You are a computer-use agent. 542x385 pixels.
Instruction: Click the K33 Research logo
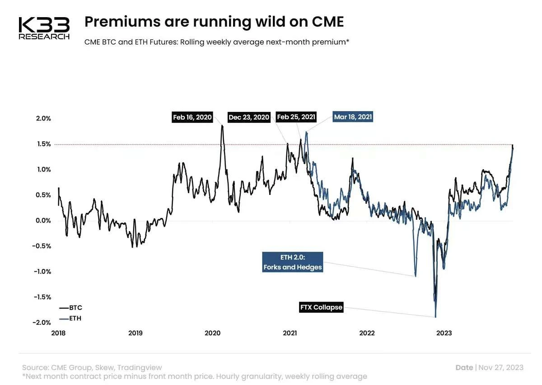tap(44, 28)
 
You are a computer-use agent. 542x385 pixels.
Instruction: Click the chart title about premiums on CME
tap(214, 21)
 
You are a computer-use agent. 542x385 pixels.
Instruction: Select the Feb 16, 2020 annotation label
tap(192, 117)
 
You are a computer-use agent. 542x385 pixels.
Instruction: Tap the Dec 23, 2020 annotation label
tap(249, 117)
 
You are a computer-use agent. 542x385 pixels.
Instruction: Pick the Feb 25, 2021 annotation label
tap(296, 117)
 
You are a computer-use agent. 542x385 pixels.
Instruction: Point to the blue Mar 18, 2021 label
tap(353, 117)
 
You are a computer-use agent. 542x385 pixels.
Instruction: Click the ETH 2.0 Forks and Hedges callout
tap(293, 263)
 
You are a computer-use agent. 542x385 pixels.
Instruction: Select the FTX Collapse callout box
tap(322, 308)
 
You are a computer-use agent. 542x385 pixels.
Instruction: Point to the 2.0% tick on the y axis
tap(43, 119)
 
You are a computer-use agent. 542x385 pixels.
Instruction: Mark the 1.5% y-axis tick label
tap(43, 144)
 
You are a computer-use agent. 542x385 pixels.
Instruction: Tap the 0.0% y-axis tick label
tap(43, 221)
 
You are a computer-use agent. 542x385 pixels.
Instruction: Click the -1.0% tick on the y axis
tap(42, 272)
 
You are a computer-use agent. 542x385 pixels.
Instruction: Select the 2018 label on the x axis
tap(58, 334)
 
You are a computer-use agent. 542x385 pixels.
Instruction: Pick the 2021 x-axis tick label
tap(290, 334)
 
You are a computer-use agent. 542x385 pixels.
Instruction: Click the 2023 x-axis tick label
tap(444, 334)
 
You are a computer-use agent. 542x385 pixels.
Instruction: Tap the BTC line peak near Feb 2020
tap(222, 125)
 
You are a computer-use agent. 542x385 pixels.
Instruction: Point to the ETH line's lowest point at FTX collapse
tap(436, 317)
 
